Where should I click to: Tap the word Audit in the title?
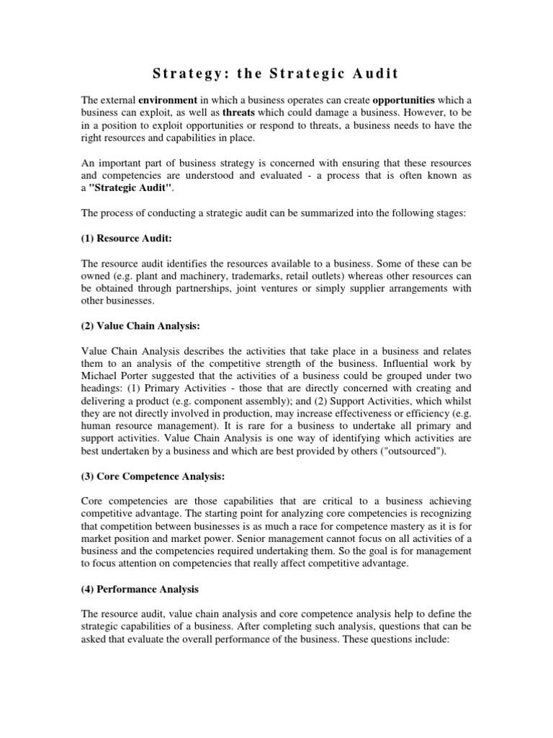coord(370,74)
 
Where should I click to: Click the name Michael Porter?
coord(114,378)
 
